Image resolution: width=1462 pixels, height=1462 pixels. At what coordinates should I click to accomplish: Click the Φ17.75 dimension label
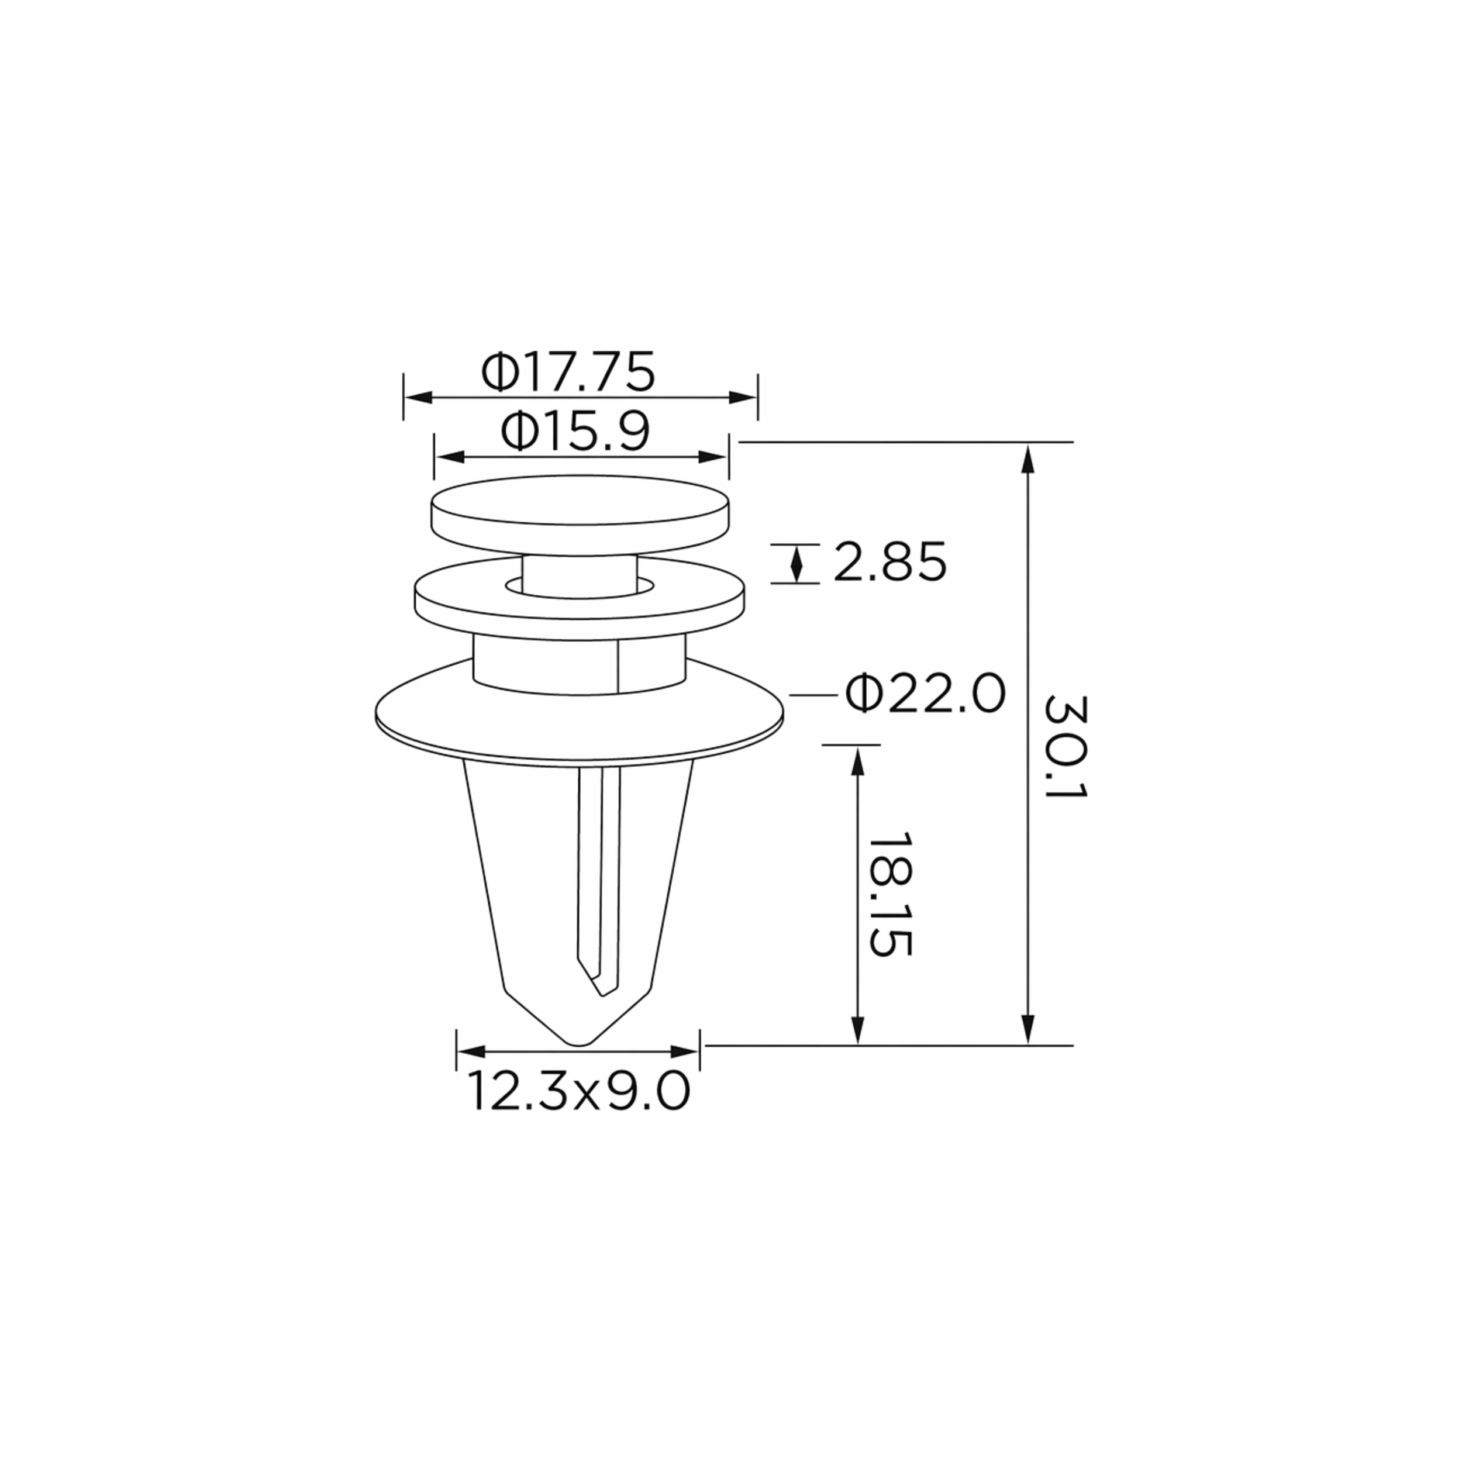tap(567, 371)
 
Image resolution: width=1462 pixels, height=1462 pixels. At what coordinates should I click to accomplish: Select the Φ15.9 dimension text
tap(575, 433)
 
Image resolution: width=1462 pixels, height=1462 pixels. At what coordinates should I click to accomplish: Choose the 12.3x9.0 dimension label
tap(579, 1091)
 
